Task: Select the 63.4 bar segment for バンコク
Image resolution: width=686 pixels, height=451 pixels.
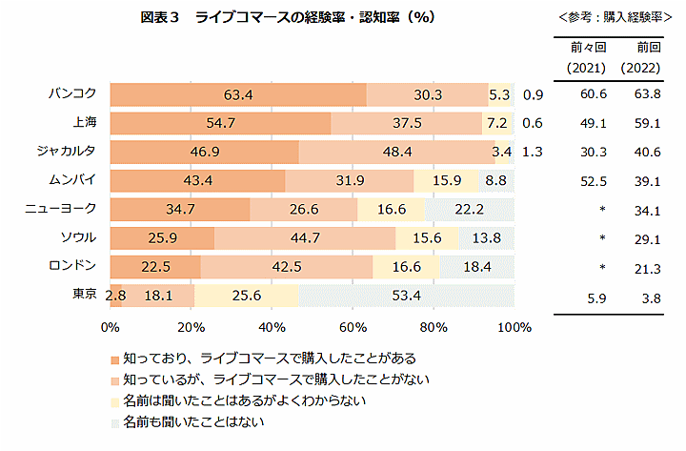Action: [x=237, y=94]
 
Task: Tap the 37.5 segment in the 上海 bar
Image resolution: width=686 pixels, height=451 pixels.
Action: [x=407, y=123]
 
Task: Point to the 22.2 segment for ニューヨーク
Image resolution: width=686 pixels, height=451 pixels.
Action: [x=469, y=210]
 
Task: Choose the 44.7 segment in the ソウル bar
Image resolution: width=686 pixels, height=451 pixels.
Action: [x=304, y=238]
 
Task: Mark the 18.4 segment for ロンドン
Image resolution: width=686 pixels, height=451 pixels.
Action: [x=476, y=267]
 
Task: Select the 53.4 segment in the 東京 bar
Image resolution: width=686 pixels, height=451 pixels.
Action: [x=406, y=296]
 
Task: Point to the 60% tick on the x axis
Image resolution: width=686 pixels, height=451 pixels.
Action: [x=353, y=327]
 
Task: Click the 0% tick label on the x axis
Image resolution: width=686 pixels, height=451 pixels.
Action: [x=111, y=327]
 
